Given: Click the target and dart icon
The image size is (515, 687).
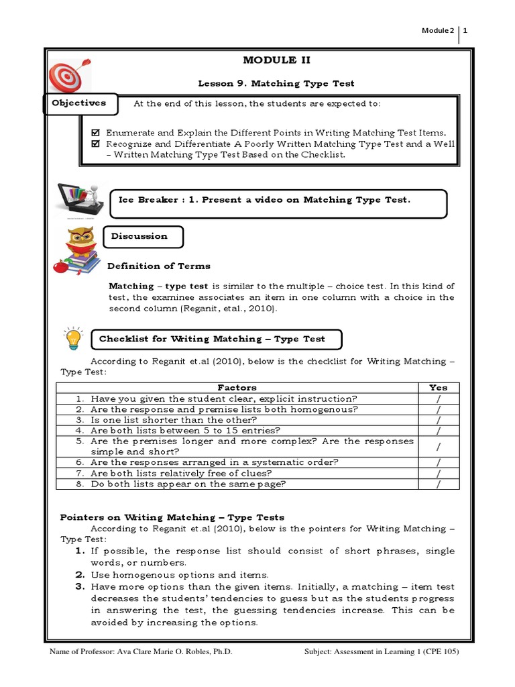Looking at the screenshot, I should click(x=66, y=74).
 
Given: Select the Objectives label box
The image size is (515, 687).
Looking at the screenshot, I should click(x=80, y=104).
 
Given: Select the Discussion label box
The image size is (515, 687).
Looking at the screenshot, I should click(x=141, y=236).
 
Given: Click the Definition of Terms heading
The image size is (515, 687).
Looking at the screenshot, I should click(x=159, y=266).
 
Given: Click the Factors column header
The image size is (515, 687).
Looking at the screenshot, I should click(x=237, y=387).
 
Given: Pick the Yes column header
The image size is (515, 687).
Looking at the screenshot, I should click(x=438, y=387).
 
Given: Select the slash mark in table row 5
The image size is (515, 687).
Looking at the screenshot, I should click(x=438, y=446).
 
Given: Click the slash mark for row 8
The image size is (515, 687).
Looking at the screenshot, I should click(x=438, y=484).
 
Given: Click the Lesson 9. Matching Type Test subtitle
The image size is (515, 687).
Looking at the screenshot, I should click(x=276, y=83).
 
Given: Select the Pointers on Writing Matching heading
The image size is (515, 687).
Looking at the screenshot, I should click(x=172, y=517).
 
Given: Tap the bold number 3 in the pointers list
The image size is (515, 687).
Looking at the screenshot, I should click(x=79, y=586).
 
